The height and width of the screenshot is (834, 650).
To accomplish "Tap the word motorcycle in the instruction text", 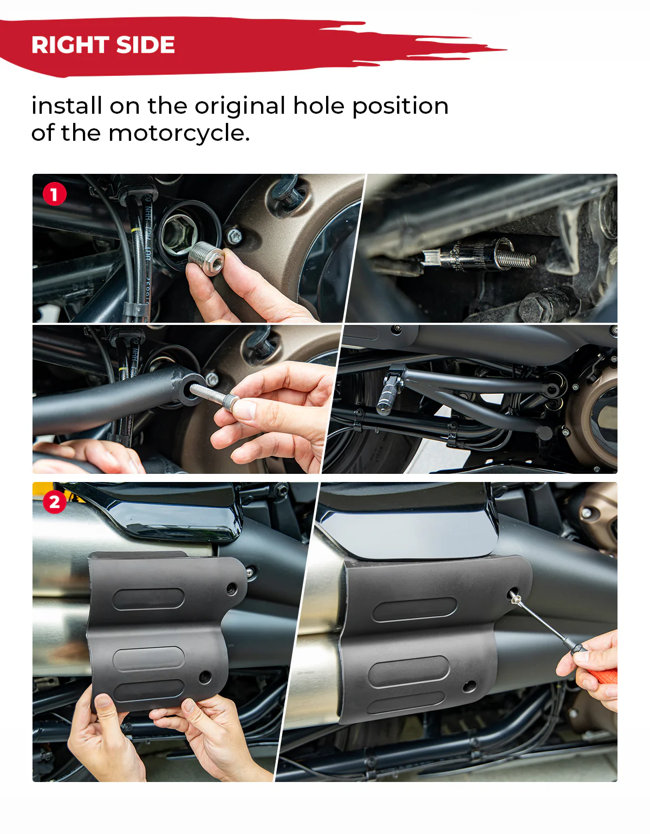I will (179, 133).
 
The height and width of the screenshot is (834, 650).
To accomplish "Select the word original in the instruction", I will (240, 106).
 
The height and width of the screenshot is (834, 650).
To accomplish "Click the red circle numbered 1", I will (54, 194).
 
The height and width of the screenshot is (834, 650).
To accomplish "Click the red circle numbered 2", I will (54, 502).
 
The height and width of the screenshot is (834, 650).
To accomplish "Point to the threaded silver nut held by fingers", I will (207, 259).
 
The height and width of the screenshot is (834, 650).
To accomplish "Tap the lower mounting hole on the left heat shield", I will (205, 676).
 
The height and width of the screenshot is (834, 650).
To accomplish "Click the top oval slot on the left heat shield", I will (148, 599).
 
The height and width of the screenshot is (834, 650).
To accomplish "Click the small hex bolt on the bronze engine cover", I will (235, 236).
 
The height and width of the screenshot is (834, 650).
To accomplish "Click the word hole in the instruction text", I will (318, 106).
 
